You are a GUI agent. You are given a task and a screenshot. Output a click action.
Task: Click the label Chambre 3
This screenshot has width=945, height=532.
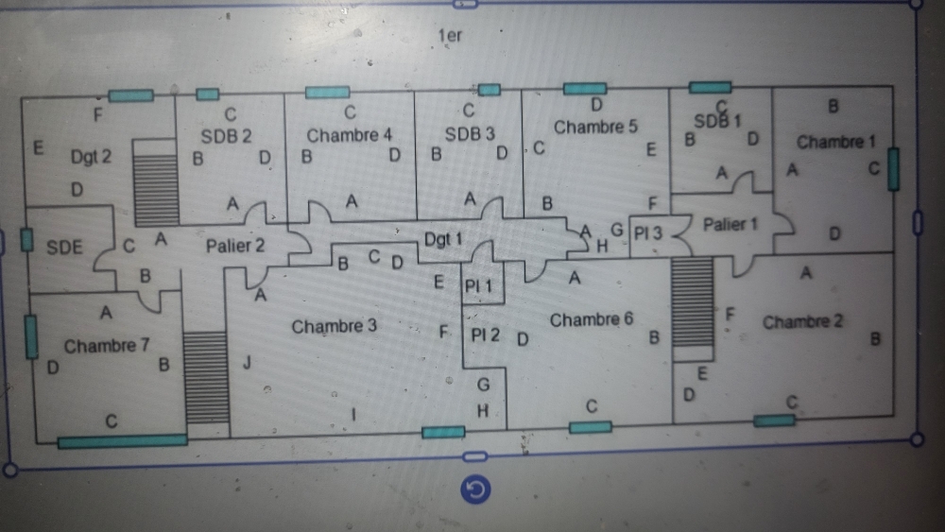point(335,327)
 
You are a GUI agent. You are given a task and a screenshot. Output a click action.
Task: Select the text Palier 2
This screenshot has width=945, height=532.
point(235,246)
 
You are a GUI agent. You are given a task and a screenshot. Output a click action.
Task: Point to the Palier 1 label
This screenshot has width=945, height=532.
point(730,225)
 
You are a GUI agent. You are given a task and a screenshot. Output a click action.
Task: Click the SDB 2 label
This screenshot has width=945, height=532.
point(226,136)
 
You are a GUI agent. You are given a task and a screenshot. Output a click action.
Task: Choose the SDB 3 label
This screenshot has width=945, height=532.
point(470,134)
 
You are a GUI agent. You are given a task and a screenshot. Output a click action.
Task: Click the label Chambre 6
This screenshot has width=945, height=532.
point(592,320)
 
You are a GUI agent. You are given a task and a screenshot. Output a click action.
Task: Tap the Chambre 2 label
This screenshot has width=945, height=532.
point(803,322)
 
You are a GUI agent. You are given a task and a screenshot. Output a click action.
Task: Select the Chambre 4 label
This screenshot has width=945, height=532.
point(350,135)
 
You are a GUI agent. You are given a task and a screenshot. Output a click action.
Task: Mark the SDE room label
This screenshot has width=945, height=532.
point(64,248)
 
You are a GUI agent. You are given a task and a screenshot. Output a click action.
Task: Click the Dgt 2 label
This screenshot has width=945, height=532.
point(91,157)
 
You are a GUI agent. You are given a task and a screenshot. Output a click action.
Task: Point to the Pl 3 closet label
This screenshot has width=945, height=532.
point(648,232)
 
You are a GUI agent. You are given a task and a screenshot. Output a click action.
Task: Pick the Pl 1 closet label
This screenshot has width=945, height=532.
point(479,284)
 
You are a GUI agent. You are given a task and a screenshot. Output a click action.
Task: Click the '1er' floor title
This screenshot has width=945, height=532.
point(450,37)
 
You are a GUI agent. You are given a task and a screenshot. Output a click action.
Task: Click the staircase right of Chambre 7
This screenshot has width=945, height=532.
point(207,378)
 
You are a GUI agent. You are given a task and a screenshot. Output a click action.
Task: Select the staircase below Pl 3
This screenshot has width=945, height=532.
point(692,302)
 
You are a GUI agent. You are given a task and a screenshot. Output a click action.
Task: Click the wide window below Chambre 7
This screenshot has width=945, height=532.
point(122,440)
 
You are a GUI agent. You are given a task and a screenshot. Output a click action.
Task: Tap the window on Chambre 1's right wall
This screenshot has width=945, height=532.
point(893,169)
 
